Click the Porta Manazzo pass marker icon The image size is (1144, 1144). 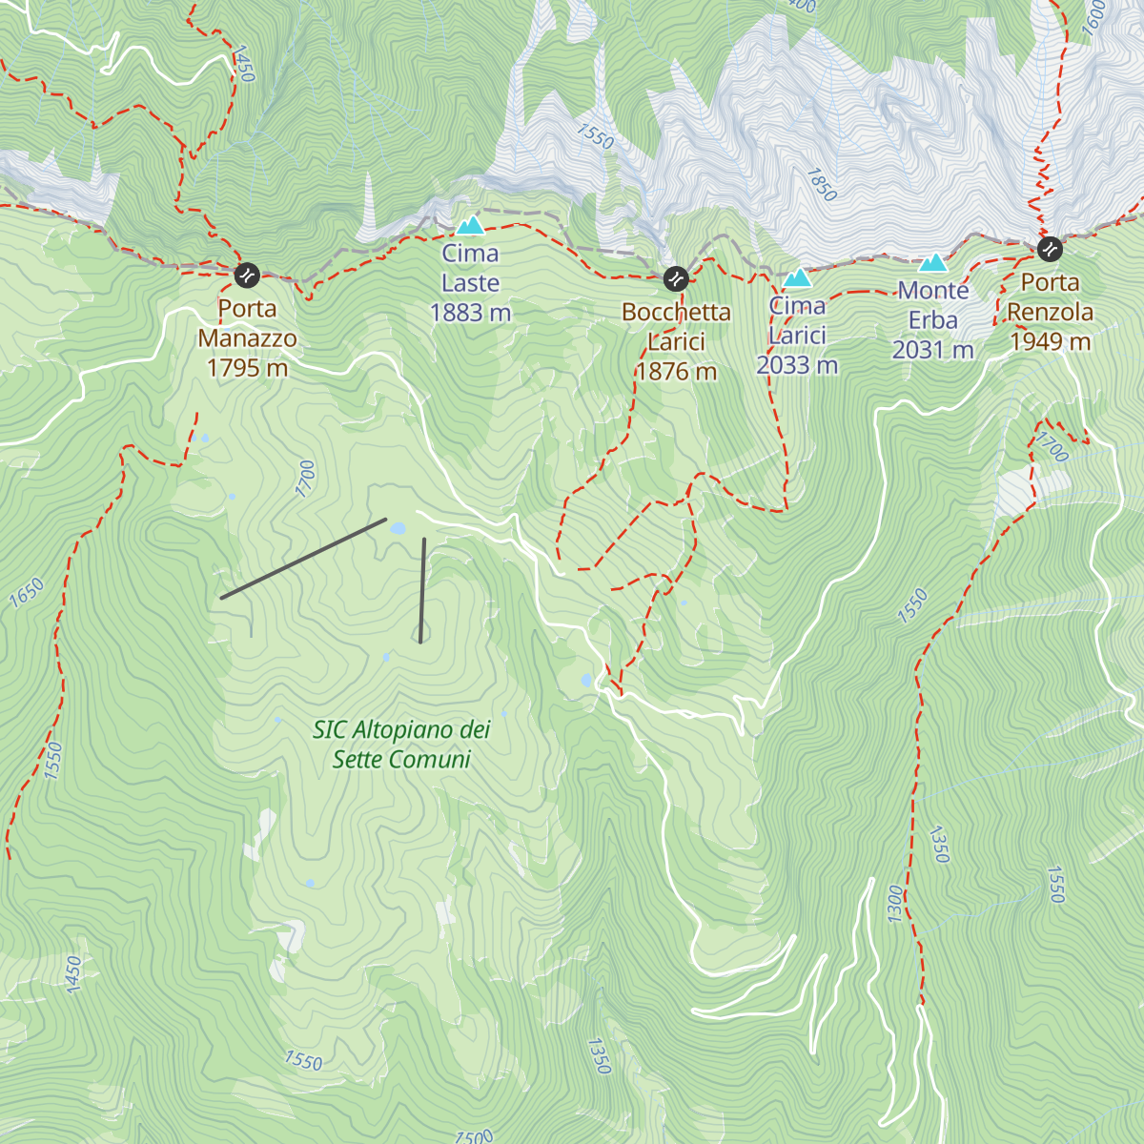coord(247,276)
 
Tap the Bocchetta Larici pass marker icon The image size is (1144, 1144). coord(675,278)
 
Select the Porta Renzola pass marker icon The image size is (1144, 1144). coord(1050,250)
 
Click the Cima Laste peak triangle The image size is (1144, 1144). coord(470,226)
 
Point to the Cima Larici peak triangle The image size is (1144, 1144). coord(797,278)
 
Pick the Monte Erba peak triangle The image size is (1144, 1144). coord(933,262)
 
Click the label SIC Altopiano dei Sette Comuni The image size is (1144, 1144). coord(401,745)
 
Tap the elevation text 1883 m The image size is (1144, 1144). coord(470,313)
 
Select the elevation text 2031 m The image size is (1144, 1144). coord(932,350)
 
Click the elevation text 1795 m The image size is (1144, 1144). coord(247,368)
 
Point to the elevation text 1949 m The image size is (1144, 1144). coord(1050,341)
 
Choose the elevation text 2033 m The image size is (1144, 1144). coord(797,365)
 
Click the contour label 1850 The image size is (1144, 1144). coord(821,185)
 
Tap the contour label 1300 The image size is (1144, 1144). coord(894,903)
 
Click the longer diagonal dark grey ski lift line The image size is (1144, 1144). coord(303,559)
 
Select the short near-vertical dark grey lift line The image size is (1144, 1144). coord(422,590)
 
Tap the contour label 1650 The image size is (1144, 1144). coord(27,593)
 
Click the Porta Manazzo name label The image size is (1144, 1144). coord(247,323)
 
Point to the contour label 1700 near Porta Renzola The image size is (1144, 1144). coord(1052,447)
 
